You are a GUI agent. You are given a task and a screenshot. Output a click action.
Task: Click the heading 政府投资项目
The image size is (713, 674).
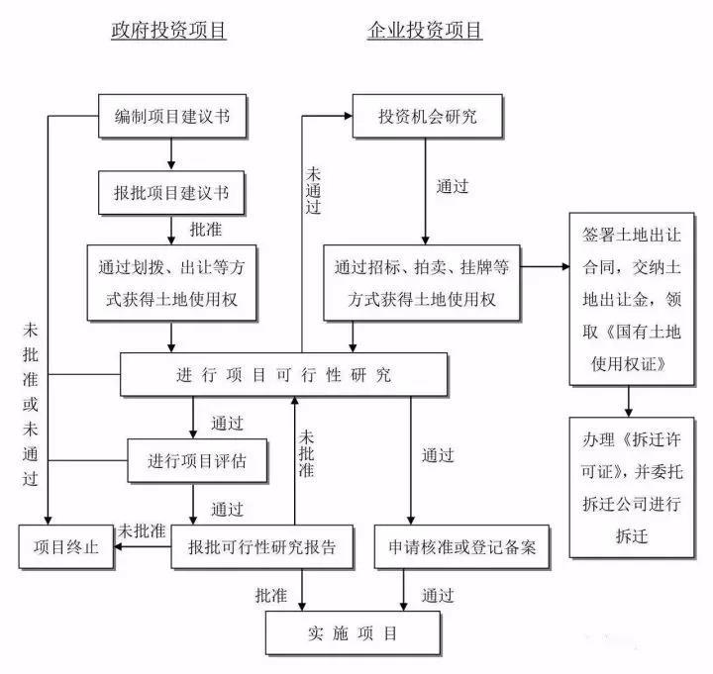pos(168,31)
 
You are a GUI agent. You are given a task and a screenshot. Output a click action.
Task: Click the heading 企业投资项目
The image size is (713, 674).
pos(425,31)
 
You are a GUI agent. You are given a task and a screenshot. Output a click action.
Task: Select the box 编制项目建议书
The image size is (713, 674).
pos(172,117)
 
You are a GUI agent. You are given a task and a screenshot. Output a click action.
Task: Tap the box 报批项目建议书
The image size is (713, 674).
pos(172,192)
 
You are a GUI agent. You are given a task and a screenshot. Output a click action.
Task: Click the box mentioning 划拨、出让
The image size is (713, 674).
pos(174,282)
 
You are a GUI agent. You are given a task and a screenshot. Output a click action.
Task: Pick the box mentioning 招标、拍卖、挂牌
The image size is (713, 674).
pos(422,282)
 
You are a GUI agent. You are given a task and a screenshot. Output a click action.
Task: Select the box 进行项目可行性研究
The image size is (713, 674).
pos(283,375)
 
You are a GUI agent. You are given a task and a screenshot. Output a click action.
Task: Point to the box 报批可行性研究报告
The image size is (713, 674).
pos(255,547)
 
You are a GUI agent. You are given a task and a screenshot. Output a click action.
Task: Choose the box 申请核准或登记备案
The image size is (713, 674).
pos(461,547)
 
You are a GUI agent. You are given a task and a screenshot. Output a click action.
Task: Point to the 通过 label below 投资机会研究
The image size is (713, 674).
pos(453,185)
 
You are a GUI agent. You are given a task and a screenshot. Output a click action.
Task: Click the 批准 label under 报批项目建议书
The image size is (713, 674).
pos(206,229)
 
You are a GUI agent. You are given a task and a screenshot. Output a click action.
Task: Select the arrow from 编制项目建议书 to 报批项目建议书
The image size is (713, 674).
pos(172,153)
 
